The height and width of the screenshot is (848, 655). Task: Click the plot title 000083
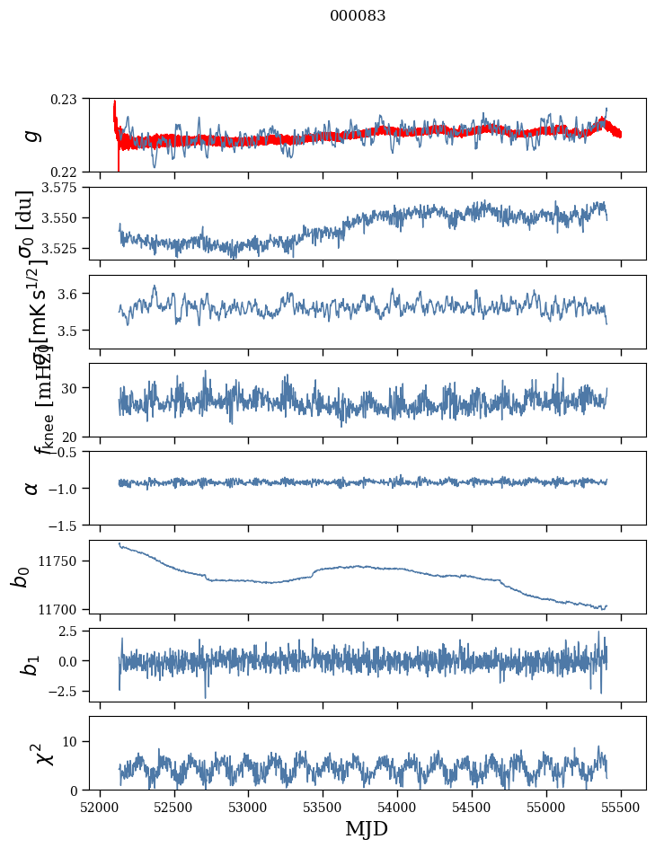coord(358,15)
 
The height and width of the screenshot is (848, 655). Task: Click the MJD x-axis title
coord(367,828)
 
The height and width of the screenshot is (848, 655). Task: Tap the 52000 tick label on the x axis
coord(100,806)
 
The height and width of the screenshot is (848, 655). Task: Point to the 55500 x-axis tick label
coord(621,806)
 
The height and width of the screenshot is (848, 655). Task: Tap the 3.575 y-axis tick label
coord(62,188)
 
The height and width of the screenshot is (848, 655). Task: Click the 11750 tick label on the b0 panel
coord(61,561)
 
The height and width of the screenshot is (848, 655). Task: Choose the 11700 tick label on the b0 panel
coord(61,609)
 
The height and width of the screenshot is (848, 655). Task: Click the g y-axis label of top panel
coord(32,135)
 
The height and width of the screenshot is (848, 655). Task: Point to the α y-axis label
coord(32,488)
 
